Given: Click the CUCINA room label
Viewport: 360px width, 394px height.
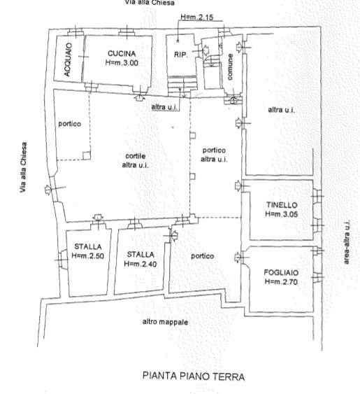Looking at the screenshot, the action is (122, 53).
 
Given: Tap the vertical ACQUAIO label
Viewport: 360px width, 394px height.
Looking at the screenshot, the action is (68, 59).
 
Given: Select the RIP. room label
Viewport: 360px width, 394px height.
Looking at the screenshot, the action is (181, 55).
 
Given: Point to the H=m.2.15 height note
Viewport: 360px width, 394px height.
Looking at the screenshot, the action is (197, 17).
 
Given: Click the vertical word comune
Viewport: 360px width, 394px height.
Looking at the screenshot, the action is (230, 67).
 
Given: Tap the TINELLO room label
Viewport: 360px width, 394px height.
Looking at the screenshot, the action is (282, 205).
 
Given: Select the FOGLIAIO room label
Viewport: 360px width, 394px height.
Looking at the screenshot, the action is (281, 273).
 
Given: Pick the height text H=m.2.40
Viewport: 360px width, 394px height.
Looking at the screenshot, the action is (141, 264).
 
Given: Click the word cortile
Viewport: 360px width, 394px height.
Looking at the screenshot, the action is (136, 156).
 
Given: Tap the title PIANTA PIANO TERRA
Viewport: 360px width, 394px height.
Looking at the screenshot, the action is (194, 377).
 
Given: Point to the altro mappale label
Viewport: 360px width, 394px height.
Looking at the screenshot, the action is (165, 322).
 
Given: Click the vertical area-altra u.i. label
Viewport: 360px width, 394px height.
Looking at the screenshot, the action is (347, 242).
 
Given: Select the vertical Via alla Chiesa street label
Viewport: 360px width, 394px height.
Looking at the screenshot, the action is (23, 167).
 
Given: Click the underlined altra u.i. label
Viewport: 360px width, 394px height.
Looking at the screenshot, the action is (165, 107).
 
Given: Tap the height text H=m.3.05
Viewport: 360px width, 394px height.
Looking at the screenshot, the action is (282, 214).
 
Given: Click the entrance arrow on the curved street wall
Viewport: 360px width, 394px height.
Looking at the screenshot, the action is (48, 189).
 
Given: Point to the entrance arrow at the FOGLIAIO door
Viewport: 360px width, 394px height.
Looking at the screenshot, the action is (238, 258).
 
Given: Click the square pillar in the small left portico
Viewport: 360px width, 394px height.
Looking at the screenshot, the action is (87, 155).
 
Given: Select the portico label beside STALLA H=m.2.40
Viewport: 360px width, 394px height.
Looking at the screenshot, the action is (202, 256).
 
